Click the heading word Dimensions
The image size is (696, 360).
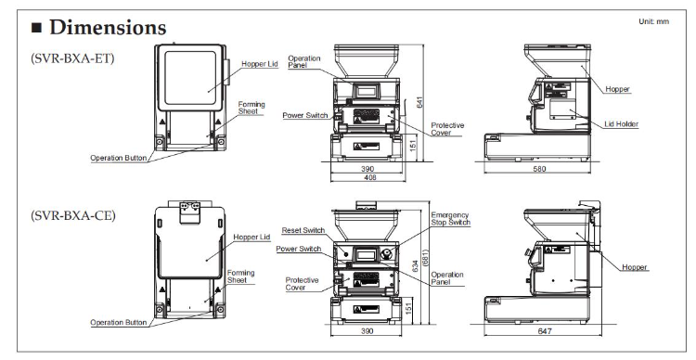[x=108, y=28]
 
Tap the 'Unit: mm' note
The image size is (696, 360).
[x=653, y=21]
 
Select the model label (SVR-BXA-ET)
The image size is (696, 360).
[x=72, y=58]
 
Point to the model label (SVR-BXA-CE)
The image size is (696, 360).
[x=72, y=216]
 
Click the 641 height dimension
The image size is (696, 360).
[x=419, y=102]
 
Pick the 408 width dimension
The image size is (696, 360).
[x=369, y=177]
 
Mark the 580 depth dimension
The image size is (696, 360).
[x=539, y=169]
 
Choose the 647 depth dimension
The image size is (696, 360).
[x=545, y=331]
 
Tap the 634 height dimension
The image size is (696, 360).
[x=415, y=266]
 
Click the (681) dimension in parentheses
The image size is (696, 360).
[x=425, y=257]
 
